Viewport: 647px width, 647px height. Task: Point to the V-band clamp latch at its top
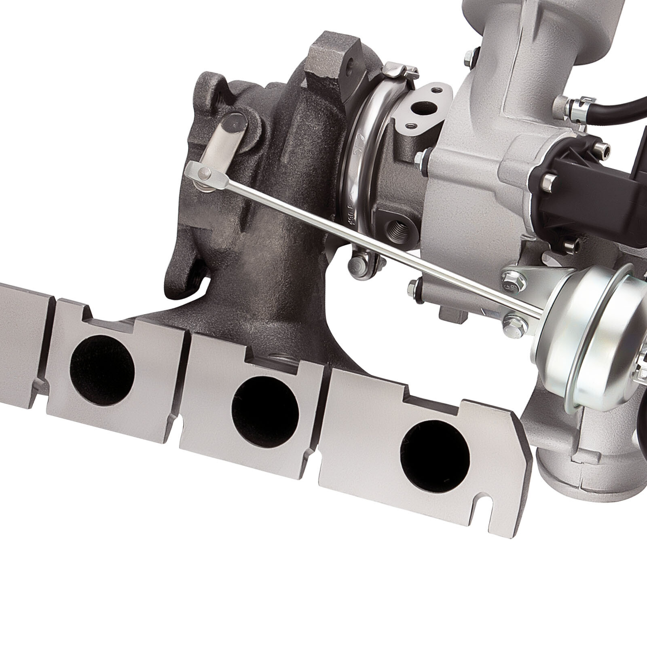click(x=394, y=71)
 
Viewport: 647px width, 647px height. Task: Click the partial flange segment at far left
click(x=22, y=336)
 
